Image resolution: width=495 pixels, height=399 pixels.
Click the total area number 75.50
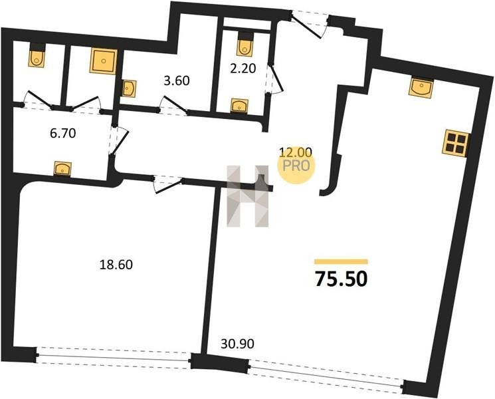tap(342, 279)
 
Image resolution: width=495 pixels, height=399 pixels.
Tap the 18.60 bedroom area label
tap(116, 265)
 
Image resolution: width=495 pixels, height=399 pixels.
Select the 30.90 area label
tap(237, 344)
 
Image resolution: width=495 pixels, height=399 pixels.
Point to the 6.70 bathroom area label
tap(63, 133)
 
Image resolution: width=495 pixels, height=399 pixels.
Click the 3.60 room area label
tap(177, 80)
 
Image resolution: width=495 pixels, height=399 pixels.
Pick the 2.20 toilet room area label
tap(243, 68)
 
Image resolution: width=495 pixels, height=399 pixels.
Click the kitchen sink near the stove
tap(421, 88)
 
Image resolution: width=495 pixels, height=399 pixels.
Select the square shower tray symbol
tap(103, 61)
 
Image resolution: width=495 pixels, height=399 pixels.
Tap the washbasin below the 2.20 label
tap(239, 105)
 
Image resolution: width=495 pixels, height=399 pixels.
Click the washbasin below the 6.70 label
tap(63, 168)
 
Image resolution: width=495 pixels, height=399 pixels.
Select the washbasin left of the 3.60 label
tap(129, 88)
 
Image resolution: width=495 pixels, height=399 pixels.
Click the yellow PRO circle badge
tap(296, 166)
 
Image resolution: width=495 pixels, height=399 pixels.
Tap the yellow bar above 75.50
tap(342, 261)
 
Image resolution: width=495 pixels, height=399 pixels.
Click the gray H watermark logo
tap(248, 196)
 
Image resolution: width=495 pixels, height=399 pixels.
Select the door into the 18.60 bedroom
tap(167, 184)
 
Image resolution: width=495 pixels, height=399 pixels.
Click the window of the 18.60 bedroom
tap(114, 358)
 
